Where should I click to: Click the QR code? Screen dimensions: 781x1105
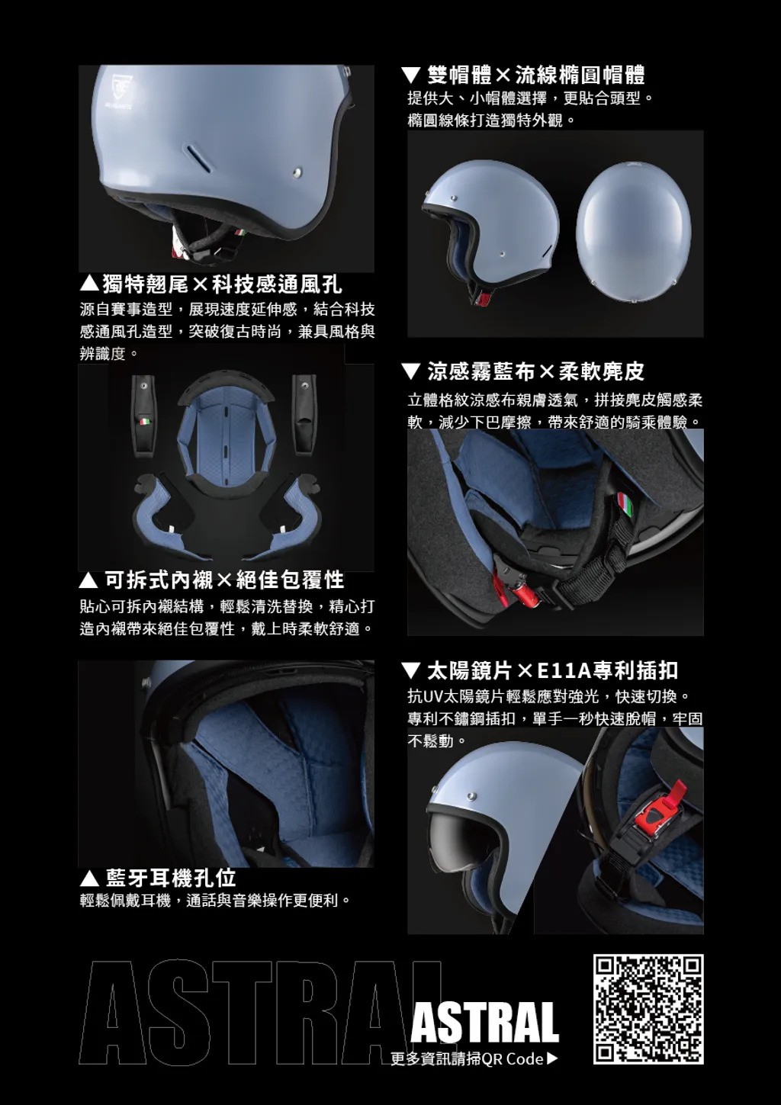(x=648, y=1010)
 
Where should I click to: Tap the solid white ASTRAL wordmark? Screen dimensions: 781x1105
(x=484, y=1022)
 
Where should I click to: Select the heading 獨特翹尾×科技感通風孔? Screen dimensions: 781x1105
(x=211, y=284)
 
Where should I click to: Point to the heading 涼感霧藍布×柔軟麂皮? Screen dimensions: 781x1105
(x=523, y=371)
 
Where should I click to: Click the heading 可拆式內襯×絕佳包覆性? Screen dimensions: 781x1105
(x=212, y=580)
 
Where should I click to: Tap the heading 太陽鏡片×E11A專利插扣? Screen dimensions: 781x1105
(x=540, y=670)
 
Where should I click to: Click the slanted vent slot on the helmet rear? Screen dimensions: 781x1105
(x=198, y=157)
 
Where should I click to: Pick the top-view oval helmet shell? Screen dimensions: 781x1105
(x=634, y=232)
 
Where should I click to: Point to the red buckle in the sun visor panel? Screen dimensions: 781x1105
(x=659, y=809)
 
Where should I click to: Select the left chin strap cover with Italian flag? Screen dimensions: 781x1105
(x=143, y=416)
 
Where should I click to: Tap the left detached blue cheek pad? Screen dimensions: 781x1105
(x=162, y=516)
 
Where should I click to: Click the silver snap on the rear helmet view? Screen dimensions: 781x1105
(x=297, y=172)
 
